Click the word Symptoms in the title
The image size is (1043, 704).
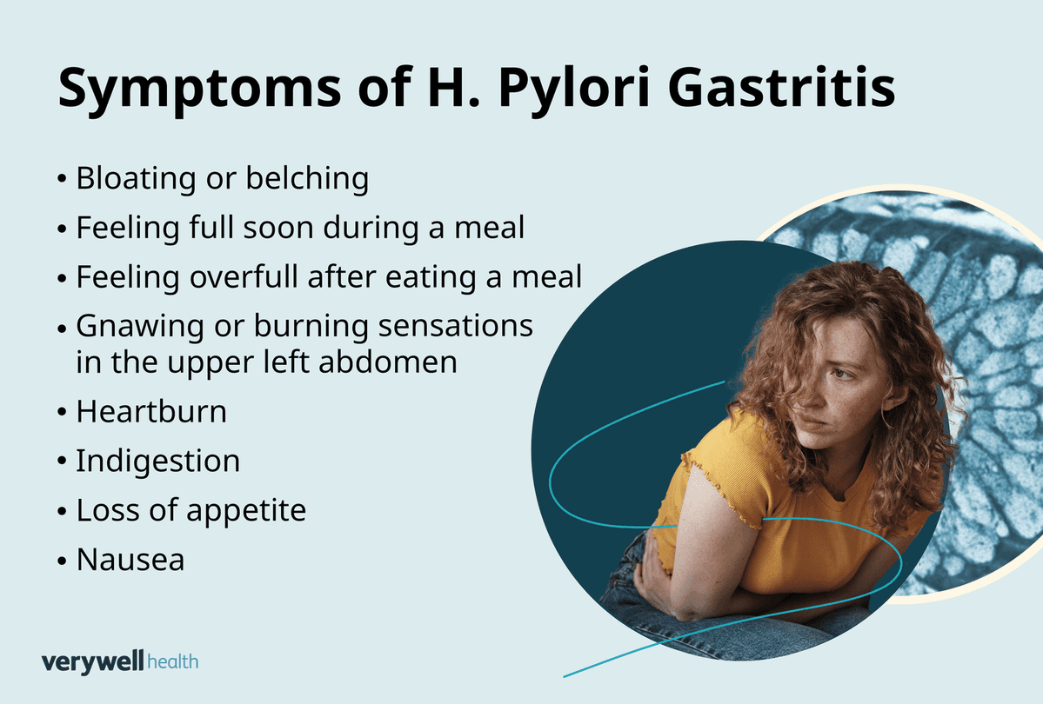tap(199, 89)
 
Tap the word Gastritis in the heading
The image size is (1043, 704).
tap(781, 87)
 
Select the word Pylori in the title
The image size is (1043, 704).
tap(574, 89)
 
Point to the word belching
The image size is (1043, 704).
tap(307, 178)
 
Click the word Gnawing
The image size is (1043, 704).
tap(140, 327)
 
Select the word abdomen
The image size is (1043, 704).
tap(388, 362)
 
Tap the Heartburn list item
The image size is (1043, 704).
tap(151, 411)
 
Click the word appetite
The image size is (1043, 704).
tap(246, 511)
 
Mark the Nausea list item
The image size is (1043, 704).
tap(130, 560)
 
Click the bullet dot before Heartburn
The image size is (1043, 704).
tap(62, 413)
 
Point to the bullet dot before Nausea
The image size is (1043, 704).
tap(62, 561)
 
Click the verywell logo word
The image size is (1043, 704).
tap(92, 662)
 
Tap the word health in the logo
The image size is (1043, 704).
tap(173, 662)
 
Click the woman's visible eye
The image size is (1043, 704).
tap(843, 374)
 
